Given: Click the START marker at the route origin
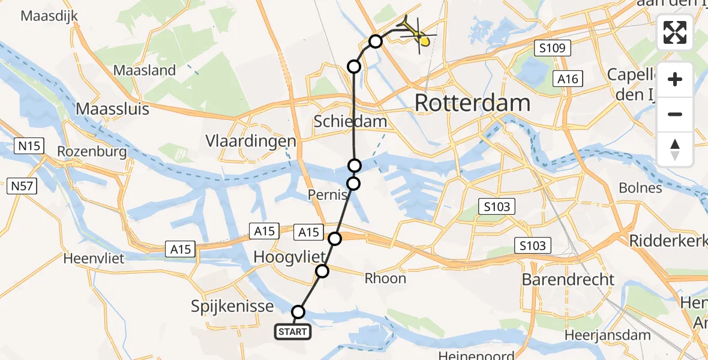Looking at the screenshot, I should coord(293,331).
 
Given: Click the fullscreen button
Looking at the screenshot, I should coord(676,33).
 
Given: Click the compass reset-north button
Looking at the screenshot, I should coord(676,149).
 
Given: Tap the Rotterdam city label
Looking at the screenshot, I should coord(472,103).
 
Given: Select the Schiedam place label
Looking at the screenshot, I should coord(350,122).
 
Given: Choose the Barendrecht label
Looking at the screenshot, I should coord(568,280).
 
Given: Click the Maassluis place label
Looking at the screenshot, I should coord(112,109).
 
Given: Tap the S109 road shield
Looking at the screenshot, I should coord(550,48).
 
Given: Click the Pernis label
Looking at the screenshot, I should coord(328,195).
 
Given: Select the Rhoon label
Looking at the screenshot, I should coord(385,278).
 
